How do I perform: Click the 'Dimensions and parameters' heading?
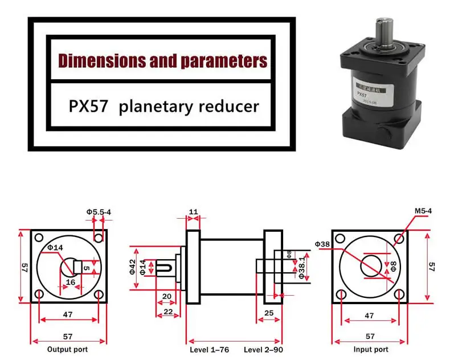[x=162, y=60]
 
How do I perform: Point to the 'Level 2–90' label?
[x=263, y=349]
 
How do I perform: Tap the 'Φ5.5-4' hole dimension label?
[x=99, y=212]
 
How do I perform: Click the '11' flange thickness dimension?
[x=193, y=212]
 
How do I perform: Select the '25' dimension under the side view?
[x=269, y=313]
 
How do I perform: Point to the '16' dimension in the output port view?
[x=71, y=282]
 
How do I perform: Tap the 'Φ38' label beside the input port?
[x=322, y=244]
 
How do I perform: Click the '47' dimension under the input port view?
[x=369, y=314]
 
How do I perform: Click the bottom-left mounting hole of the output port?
[x=39, y=294]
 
